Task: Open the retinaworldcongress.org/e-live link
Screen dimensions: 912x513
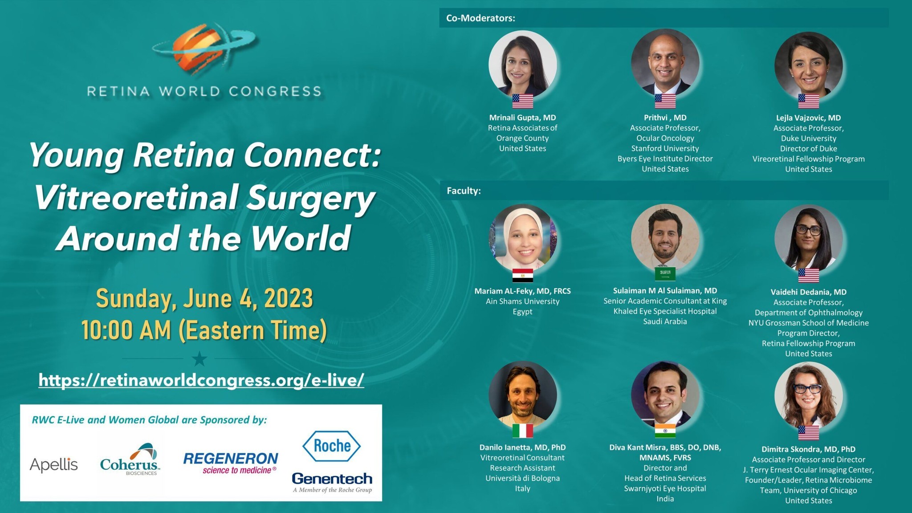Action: point(201,380)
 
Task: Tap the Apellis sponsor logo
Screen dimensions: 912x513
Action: point(54,465)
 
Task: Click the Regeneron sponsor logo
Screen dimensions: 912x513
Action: point(231,463)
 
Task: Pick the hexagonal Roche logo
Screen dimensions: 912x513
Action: point(332,446)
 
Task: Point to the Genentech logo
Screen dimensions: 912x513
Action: point(332,482)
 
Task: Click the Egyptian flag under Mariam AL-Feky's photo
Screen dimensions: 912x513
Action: point(522,275)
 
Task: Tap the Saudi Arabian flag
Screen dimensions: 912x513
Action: point(665,274)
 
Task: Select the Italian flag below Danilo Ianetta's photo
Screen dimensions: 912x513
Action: point(522,431)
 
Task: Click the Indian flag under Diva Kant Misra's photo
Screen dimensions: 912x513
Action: point(665,431)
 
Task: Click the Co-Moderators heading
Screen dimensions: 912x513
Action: point(480,18)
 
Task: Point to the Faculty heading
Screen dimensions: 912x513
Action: point(464,191)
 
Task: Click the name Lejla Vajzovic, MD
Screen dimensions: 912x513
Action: point(808,118)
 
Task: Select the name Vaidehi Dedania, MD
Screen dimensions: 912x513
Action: point(808,292)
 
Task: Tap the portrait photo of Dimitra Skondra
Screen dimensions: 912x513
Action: point(808,396)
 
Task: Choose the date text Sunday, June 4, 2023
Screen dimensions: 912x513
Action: point(204,298)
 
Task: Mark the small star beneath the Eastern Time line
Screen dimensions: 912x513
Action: point(199,358)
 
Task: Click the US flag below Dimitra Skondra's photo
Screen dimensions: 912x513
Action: point(808,432)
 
